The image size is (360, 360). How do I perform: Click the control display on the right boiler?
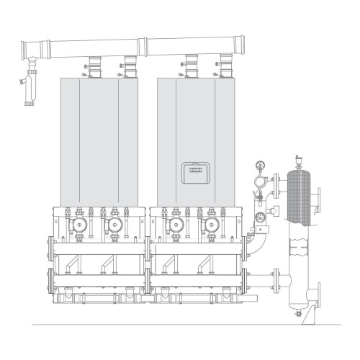coord(195,172)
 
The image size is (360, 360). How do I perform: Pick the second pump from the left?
coord(113,226)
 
